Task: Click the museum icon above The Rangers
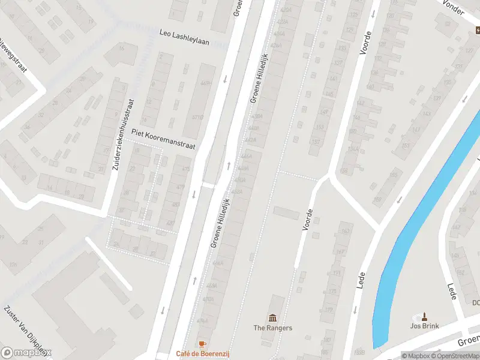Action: [x=273, y=317]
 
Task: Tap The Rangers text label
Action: [x=273, y=328]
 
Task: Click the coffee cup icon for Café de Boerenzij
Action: [x=203, y=344]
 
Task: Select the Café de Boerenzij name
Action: [x=203, y=354]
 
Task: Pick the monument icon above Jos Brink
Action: [x=425, y=316]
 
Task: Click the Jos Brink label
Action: [x=425, y=326]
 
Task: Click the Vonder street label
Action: [x=454, y=5]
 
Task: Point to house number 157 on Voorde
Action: [x=316, y=142]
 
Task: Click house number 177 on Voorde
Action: [x=331, y=292]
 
